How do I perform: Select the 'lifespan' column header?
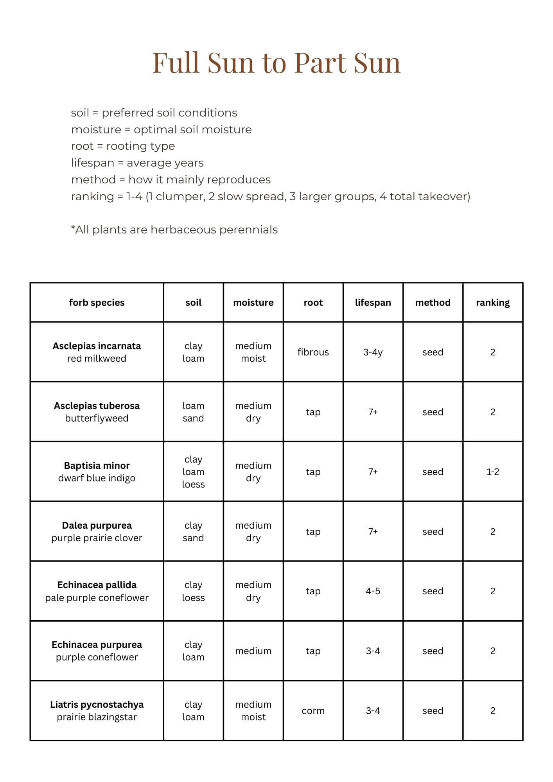(x=373, y=303)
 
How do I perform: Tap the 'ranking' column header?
(x=492, y=303)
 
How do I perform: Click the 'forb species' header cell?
(x=97, y=303)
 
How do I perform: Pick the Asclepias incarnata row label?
(x=97, y=352)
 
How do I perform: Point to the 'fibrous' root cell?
(x=313, y=352)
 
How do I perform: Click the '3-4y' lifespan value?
(x=373, y=352)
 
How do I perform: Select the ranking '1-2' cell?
(x=492, y=472)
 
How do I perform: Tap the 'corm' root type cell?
(x=313, y=711)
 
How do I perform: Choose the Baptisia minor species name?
(x=97, y=466)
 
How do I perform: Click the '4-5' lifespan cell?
(x=373, y=591)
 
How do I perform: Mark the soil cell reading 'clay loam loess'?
(x=193, y=472)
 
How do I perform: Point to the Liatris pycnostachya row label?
(x=97, y=711)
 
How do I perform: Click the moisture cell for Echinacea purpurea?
(x=253, y=651)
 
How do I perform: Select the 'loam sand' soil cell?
(x=193, y=412)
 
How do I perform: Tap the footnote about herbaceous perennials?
(x=174, y=230)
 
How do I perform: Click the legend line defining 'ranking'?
(x=270, y=196)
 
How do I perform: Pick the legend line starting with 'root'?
(x=123, y=146)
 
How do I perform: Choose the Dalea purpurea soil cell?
(x=193, y=532)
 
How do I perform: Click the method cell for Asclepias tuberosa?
(x=433, y=412)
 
